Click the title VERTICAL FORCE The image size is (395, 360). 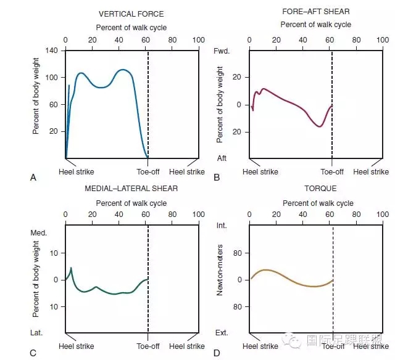coord(131,14)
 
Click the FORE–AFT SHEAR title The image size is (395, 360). coord(315,12)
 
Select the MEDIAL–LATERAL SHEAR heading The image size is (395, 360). coord(131,188)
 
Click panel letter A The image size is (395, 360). coord(33,178)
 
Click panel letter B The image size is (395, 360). coord(217,178)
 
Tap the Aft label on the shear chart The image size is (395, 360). coord(222,158)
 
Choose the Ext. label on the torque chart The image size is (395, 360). coord(222,333)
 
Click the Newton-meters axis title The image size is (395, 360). coord(220,279)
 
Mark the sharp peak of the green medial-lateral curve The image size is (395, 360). coord(72,268)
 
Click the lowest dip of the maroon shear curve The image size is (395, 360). coord(319,126)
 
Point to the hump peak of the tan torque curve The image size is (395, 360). coord(266,270)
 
